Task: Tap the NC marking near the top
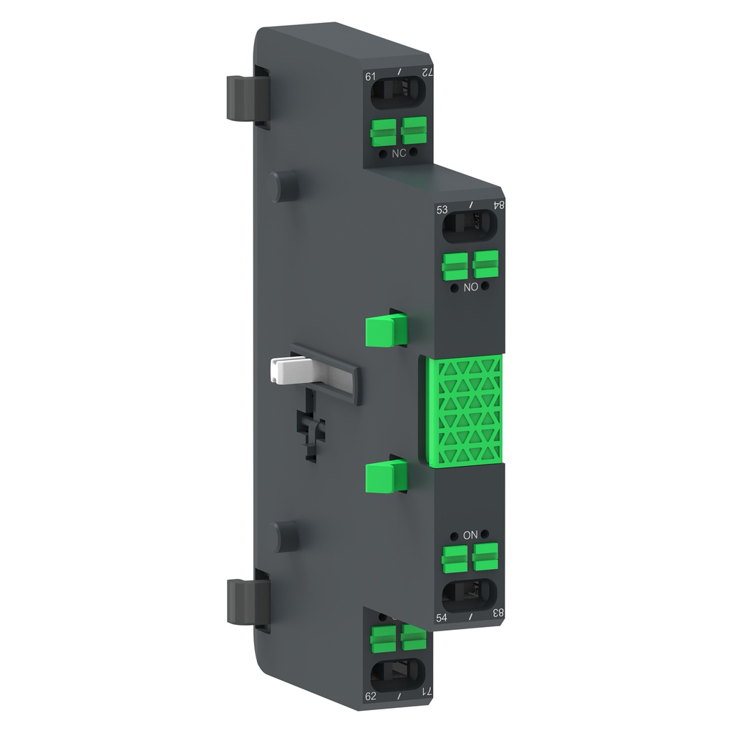pos(398,154)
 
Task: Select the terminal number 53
pos(442,210)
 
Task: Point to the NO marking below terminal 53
pos(470,287)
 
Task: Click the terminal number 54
pos(443,617)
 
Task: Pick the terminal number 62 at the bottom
pos(371,694)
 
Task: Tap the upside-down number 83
pos(499,613)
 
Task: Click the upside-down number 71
pos(427,691)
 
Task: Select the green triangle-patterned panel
pos(464,412)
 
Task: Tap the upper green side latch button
pos(385,329)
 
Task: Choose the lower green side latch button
pos(385,476)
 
